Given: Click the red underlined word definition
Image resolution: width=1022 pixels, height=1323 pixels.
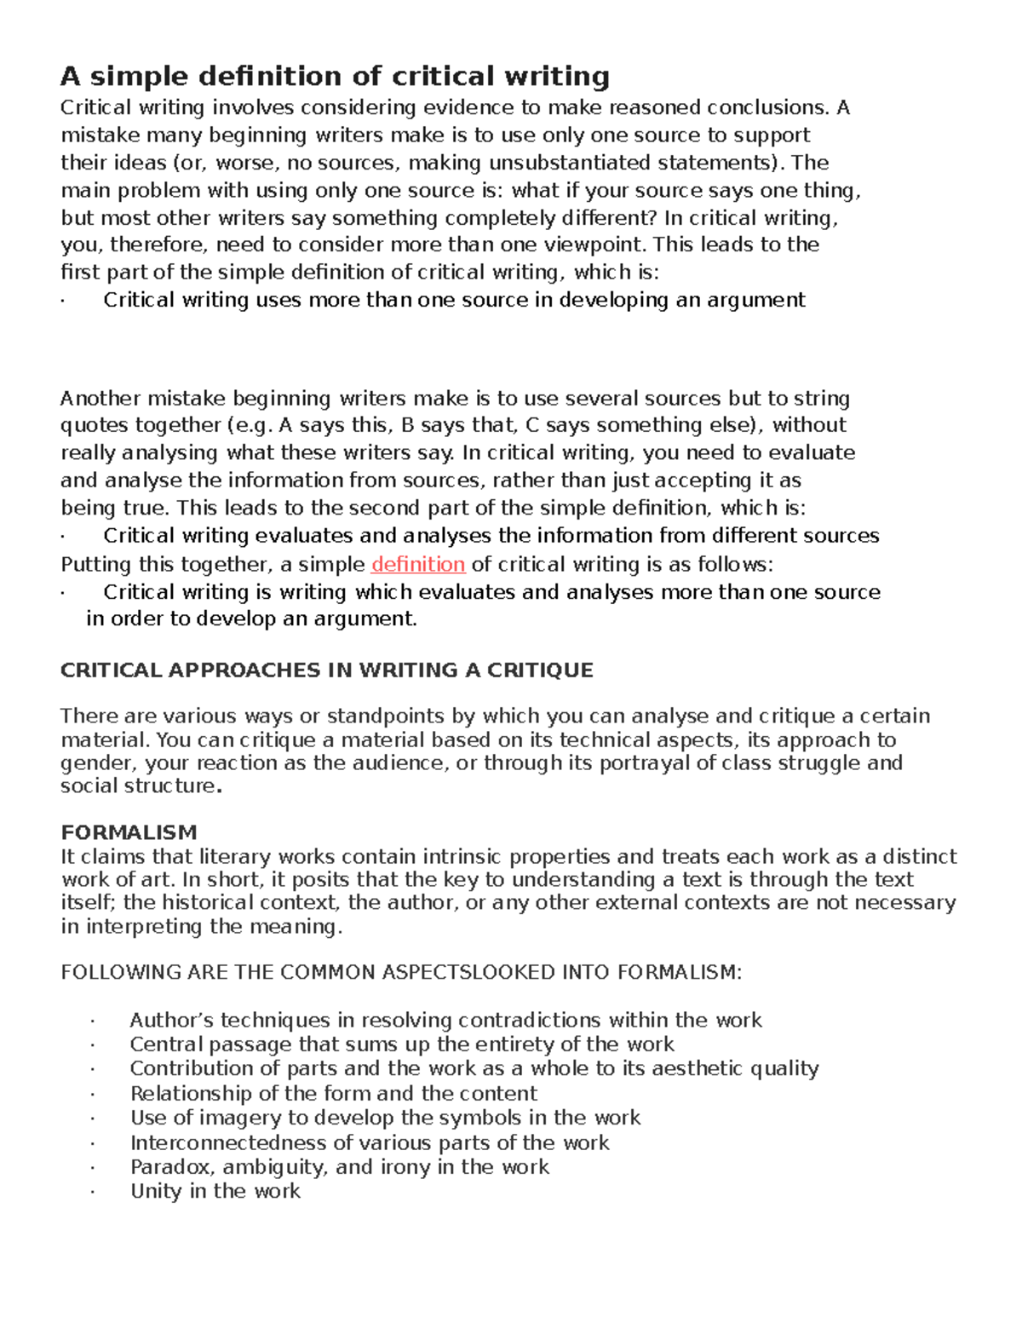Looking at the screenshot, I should pos(418,565).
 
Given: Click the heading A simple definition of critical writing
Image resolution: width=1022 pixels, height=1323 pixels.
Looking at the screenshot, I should pos(335,77).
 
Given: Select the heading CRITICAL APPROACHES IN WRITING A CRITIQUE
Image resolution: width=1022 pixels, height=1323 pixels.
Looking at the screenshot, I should pos(326,670).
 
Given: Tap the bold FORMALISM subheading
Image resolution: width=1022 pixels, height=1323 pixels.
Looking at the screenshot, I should pos(129,832).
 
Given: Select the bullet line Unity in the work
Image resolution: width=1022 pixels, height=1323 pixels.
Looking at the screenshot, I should pos(215,1191).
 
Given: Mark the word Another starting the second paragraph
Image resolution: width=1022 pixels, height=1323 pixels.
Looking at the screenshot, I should pos(100,399).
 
